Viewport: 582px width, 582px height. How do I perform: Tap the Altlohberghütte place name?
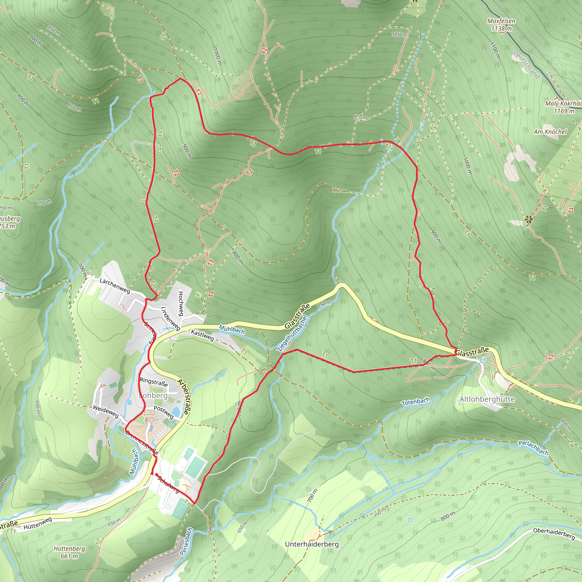(487, 400)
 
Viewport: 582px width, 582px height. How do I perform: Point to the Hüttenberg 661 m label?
(69, 552)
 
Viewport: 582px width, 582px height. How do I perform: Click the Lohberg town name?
(154, 395)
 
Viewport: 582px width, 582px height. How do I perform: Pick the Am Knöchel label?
(550, 132)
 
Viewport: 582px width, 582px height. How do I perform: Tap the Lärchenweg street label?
(115, 286)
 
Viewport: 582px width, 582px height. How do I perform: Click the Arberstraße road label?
(183, 397)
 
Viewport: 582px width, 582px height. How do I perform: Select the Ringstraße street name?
(154, 382)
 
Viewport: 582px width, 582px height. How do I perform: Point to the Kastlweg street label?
(202, 335)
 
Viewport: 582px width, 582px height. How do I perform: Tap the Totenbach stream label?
(416, 402)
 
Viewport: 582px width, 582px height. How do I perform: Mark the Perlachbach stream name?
(533, 448)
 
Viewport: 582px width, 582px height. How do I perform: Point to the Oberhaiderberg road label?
(554, 533)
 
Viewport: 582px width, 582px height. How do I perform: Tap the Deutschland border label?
(526, 64)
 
